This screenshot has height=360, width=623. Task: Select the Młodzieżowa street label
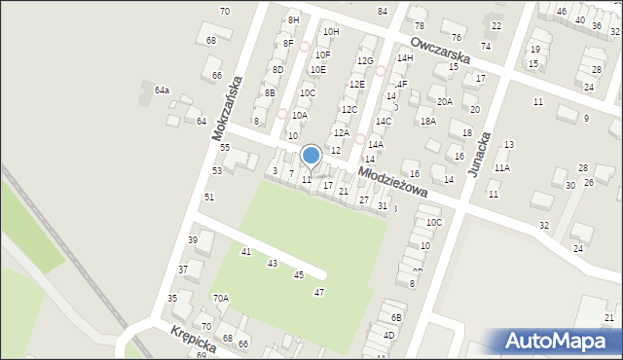tap(392, 180)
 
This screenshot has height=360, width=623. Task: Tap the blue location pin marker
tap(311, 156)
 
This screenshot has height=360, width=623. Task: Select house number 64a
tap(162, 90)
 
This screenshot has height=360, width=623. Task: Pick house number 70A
tap(221, 298)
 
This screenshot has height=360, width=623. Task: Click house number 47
tap(318, 293)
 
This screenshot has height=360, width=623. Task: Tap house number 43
tap(273, 264)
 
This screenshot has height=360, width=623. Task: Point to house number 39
tap(193, 239)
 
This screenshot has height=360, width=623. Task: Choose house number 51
tap(208, 197)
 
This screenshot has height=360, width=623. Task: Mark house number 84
tap(383, 11)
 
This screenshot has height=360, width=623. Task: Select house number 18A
tap(427, 121)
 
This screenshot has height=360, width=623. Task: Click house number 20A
tap(445, 101)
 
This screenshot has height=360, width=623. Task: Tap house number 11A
tap(501, 167)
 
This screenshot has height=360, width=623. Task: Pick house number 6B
tap(396, 317)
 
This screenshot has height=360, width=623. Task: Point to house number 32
tap(543, 225)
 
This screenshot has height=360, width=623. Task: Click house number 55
tap(224, 147)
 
